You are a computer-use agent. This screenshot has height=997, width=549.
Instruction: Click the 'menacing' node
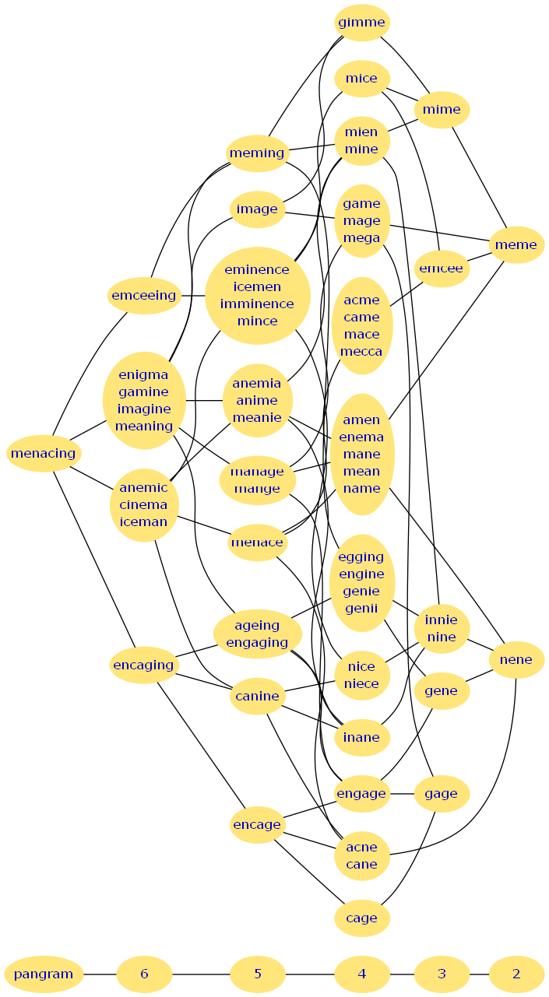click(x=44, y=454)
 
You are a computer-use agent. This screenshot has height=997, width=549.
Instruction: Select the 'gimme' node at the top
click(x=361, y=23)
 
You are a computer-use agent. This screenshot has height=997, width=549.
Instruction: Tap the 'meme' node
click(x=516, y=245)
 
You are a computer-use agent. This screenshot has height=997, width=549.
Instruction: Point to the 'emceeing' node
click(x=144, y=296)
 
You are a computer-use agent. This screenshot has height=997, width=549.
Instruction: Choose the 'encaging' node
click(x=143, y=665)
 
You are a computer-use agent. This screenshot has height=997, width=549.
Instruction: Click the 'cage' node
click(x=361, y=918)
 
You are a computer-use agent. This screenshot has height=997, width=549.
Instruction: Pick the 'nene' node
click(x=516, y=660)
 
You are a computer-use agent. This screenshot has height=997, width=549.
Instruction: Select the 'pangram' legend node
click(x=44, y=974)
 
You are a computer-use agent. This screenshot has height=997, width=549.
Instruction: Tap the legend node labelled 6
click(x=144, y=974)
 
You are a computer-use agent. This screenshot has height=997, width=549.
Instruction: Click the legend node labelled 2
click(x=516, y=974)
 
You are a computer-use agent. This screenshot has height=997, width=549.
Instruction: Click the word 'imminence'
click(x=257, y=304)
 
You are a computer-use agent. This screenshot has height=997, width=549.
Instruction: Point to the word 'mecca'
click(x=361, y=352)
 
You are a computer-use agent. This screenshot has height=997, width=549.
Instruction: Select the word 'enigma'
click(x=143, y=374)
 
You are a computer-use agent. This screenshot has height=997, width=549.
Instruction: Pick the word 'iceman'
click(x=143, y=522)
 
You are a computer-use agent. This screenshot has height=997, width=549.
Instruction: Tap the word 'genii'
click(x=361, y=609)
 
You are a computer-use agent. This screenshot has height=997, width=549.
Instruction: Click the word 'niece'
click(x=361, y=684)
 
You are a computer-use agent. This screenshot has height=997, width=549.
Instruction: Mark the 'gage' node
click(x=442, y=794)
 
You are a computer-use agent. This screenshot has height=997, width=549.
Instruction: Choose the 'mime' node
click(x=442, y=110)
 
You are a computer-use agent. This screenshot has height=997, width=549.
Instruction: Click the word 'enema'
click(x=361, y=437)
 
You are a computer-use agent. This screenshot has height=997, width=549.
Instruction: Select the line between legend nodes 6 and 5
click(x=201, y=974)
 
